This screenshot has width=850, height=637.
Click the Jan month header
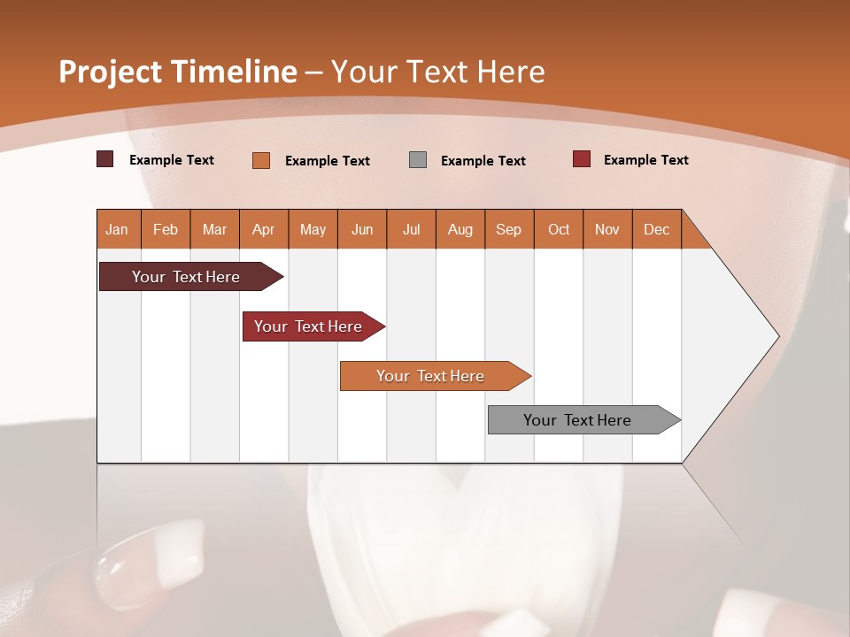(118, 229)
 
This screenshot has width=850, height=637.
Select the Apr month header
(264, 229)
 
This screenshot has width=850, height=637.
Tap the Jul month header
(412, 229)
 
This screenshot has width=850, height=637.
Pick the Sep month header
(509, 229)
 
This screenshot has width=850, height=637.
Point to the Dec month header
(657, 229)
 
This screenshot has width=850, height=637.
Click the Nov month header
(607, 229)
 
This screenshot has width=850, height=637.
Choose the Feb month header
(166, 229)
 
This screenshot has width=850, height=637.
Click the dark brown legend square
(104, 159)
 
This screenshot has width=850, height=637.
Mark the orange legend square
(260, 160)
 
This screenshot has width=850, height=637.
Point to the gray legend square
(418, 159)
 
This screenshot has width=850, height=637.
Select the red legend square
(581, 159)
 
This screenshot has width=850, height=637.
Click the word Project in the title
(110, 73)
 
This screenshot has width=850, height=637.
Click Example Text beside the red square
(645, 160)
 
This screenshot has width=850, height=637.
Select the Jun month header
(362, 229)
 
